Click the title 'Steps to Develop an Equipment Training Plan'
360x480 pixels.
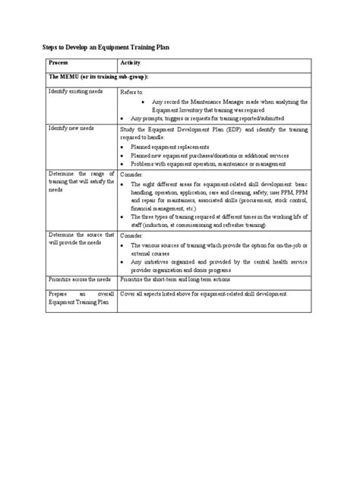tap(104, 47)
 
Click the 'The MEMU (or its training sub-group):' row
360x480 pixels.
tap(98, 77)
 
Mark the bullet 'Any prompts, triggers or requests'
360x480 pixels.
tap(206, 118)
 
